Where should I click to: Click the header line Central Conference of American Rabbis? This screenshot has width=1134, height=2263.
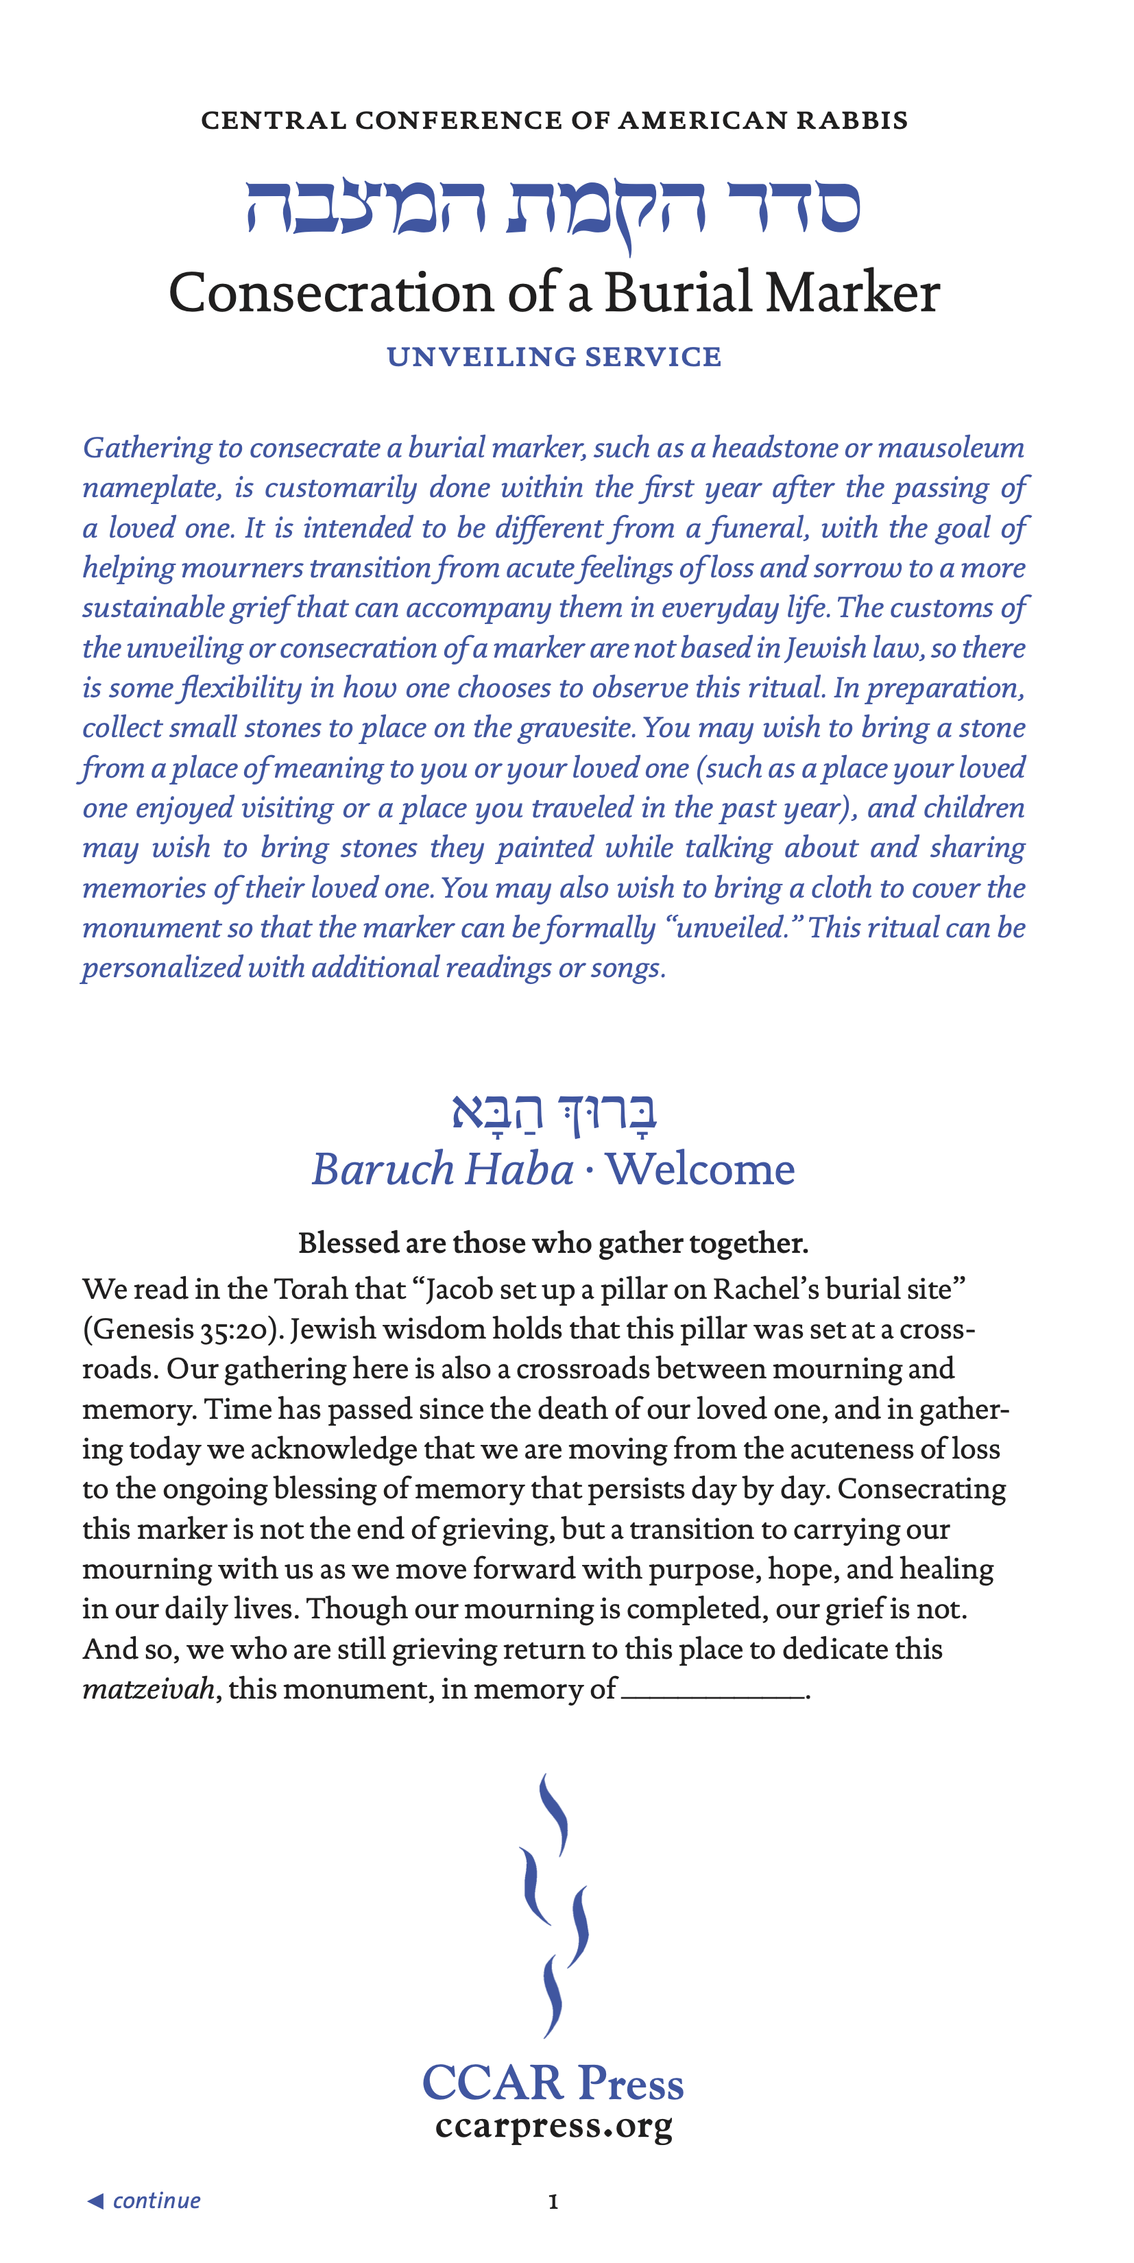coord(554,121)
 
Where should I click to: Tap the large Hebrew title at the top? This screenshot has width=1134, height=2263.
coord(553,209)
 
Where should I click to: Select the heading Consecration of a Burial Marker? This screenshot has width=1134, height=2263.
coord(554,293)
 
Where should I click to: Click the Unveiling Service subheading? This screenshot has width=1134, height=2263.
coord(554,357)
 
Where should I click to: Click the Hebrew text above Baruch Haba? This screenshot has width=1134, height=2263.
coord(554,1112)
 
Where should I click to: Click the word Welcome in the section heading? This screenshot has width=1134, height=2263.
coord(700,1169)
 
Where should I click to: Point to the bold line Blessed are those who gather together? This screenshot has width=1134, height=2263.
coord(553,1243)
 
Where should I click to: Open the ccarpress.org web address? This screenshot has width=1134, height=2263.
coord(554,2126)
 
